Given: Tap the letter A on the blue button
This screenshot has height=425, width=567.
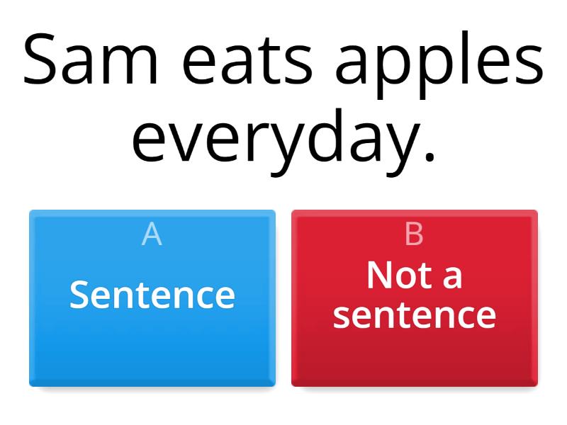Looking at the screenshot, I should (152, 234).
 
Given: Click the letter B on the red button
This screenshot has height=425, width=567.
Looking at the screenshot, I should (415, 234).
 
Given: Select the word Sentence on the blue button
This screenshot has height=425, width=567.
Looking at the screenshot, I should (152, 294).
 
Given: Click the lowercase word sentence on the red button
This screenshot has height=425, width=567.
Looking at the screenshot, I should (415, 314).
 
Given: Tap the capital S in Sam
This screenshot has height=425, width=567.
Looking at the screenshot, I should (43, 58).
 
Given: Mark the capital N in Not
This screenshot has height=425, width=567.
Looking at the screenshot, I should (380, 275).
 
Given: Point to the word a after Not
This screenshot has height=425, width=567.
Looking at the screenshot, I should (451, 277).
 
